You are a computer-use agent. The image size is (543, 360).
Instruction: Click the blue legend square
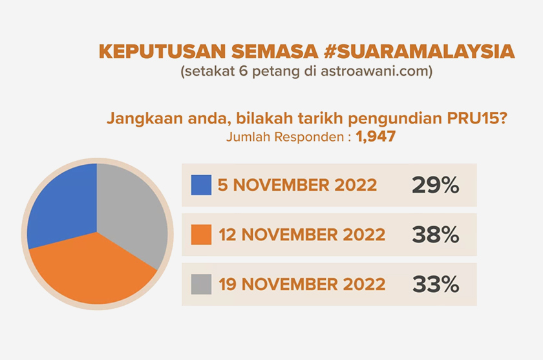[202, 185]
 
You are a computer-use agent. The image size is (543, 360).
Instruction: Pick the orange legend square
[202, 235]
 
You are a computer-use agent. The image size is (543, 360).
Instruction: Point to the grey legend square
[202, 284]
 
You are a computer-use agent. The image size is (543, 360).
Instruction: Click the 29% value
[435, 185]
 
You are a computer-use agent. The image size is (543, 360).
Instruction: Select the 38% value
[435, 235]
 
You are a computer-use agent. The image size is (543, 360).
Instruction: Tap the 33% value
[435, 284]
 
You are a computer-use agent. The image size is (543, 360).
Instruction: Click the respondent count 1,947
[376, 137]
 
